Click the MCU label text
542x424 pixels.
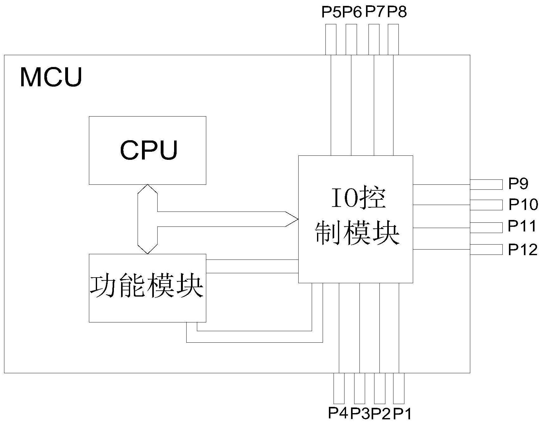point(51,77)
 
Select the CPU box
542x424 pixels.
point(147,150)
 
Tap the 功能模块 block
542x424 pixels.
point(147,288)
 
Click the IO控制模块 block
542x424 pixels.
point(355,219)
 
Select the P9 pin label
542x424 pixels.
point(518,184)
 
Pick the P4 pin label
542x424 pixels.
point(338,413)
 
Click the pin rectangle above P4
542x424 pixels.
point(339,388)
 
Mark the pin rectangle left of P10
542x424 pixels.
point(486,205)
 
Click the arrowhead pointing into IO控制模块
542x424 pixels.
point(292,219)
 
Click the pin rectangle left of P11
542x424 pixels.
point(486,228)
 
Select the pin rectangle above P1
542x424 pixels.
point(399,388)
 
